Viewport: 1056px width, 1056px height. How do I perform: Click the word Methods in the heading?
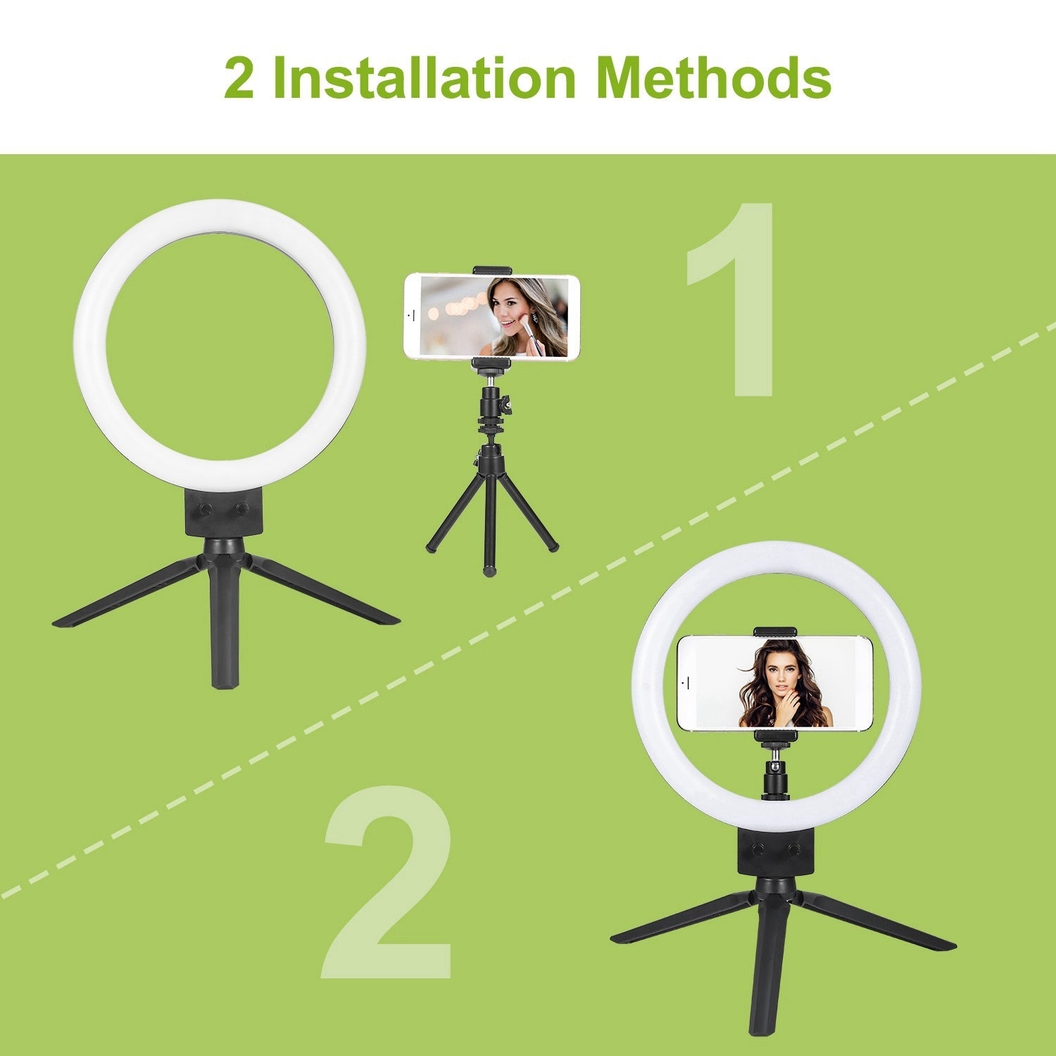[x=712, y=77]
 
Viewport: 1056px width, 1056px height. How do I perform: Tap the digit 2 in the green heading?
[x=239, y=79]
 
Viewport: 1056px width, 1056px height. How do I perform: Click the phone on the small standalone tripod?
[x=491, y=316]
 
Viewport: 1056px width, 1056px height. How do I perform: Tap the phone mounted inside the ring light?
[x=775, y=683]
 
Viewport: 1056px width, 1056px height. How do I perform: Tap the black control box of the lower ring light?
[x=775, y=853]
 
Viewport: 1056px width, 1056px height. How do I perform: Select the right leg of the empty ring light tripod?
[x=324, y=591]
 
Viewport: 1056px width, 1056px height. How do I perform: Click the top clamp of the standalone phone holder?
[x=491, y=270]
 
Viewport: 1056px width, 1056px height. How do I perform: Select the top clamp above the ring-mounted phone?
[x=774, y=631]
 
